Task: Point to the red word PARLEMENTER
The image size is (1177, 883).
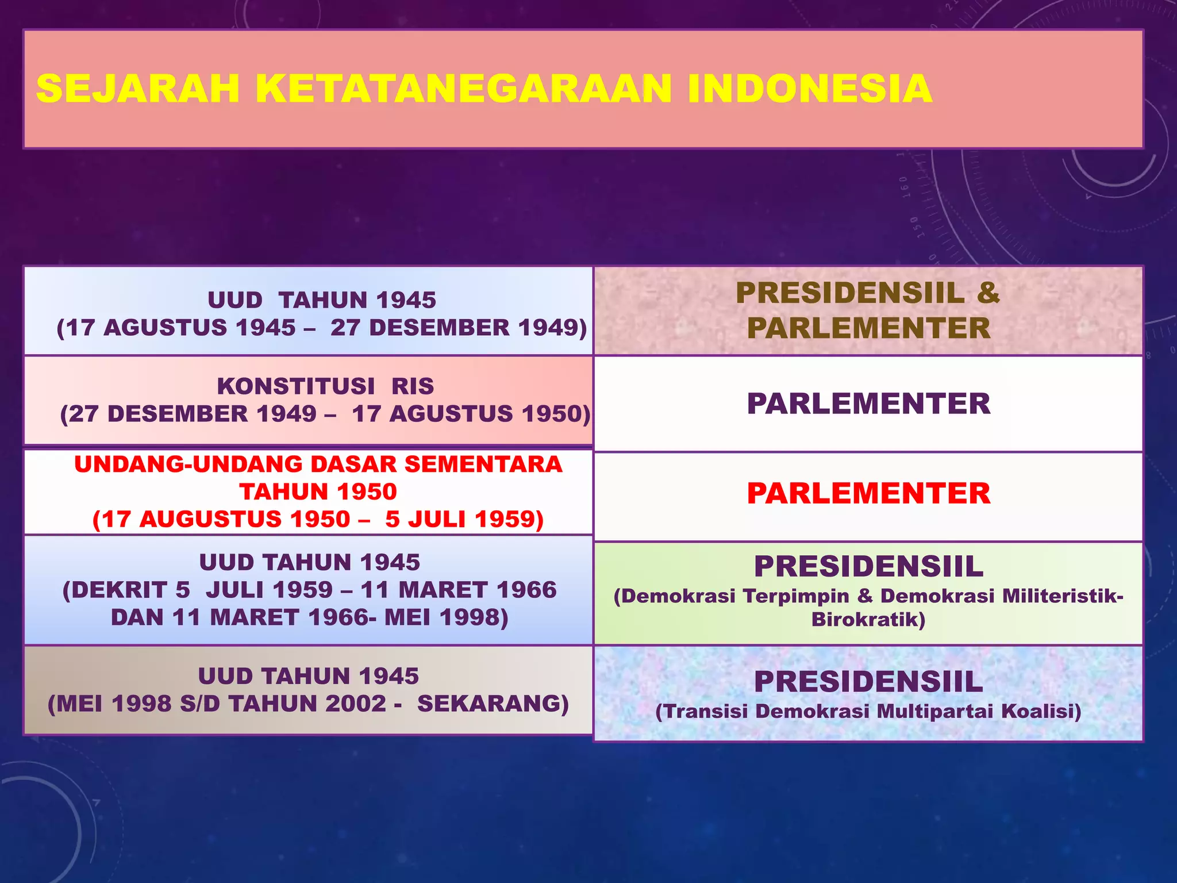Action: [868, 493]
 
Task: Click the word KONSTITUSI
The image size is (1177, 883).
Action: [296, 386]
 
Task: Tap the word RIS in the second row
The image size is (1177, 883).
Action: [413, 386]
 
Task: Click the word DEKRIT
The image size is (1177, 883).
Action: [121, 590]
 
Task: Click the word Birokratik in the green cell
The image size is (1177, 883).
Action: [868, 620]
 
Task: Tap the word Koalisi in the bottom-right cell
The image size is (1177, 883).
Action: [1041, 711]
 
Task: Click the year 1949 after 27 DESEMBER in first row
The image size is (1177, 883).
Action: [552, 328]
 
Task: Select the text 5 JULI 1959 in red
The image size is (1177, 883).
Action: [464, 519]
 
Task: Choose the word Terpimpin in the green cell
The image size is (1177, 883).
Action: [796, 596]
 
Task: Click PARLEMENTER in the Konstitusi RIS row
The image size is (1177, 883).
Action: [868, 404]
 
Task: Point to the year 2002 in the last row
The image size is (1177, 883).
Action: [356, 704]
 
